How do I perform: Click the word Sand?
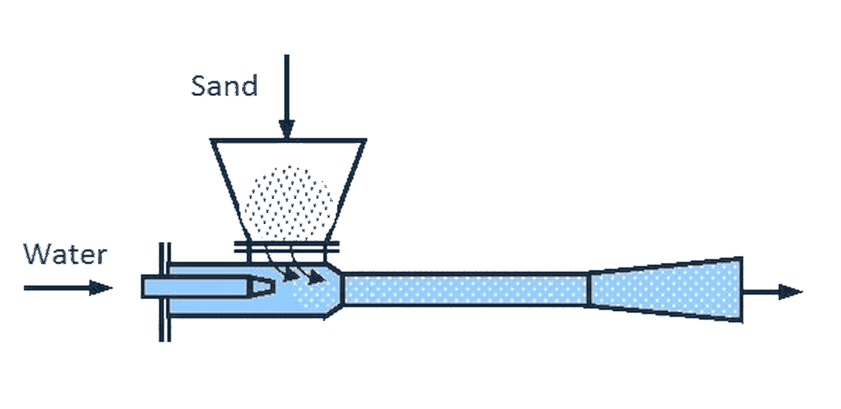pyautogui.click(x=224, y=86)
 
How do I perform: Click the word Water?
pyautogui.click(x=65, y=255)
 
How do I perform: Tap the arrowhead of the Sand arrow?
pyautogui.click(x=287, y=129)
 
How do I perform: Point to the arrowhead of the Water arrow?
pyautogui.click(x=101, y=288)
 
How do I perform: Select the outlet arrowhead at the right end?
pyautogui.click(x=791, y=292)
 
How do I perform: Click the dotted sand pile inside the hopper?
pyautogui.click(x=288, y=202)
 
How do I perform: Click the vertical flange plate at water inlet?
pyautogui.click(x=165, y=292)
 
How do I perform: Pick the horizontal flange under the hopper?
pyautogui.click(x=287, y=247)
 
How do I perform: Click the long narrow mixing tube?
pyautogui.click(x=466, y=289)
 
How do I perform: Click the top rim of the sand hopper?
pyautogui.click(x=288, y=141)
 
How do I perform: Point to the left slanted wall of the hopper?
pyautogui.click(x=230, y=191)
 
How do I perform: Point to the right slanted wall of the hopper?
pyautogui.click(x=347, y=191)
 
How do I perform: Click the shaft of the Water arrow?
pyautogui.click(x=57, y=288)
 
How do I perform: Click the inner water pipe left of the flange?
pyautogui.click(x=151, y=287)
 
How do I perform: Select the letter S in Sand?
pyautogui.click(x=199, y=86)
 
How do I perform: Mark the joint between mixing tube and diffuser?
pyautogui.click(x=589, y=289)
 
